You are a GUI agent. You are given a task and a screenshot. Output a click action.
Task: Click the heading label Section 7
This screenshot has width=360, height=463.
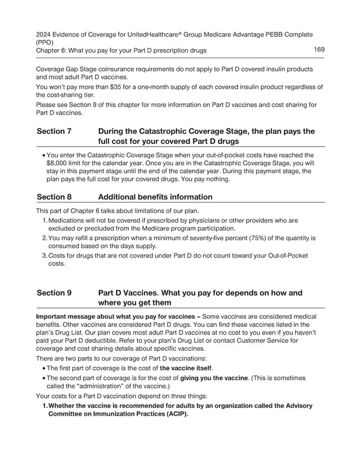coord(55,132)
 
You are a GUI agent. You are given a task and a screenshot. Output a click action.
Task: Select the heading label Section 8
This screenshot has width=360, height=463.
coord(55,197)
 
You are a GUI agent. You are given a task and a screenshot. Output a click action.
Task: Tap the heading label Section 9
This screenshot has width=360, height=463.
coord(55,293)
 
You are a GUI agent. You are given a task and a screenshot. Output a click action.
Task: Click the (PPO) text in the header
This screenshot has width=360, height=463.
coord(46,43)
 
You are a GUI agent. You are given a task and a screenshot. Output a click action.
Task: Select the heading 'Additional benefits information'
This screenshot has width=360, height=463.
coord(155,197)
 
